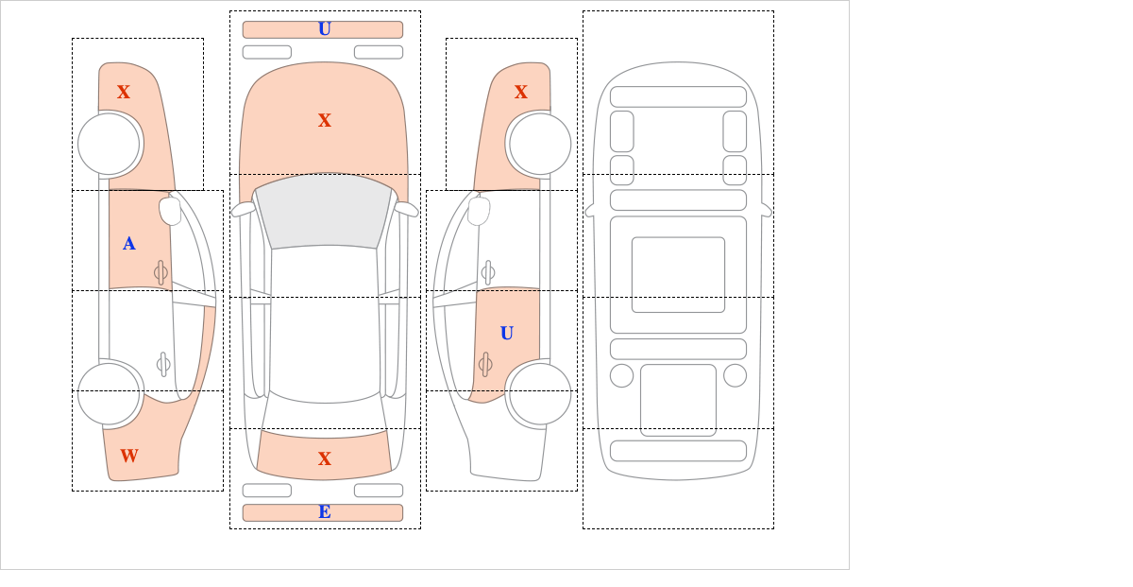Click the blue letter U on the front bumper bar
coord(324,29)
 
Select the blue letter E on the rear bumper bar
coord(324,512)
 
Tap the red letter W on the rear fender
coord(129,456)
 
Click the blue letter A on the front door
coord(129,244)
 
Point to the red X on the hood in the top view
coord(324,121)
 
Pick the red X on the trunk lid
coord(324,458)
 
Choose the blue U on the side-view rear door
coord(507,334)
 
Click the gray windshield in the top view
coord(324,211)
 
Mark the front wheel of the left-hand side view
coord(109,144)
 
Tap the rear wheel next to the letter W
coord(109,393)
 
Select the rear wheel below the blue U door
coord(540,393)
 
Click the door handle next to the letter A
coord(161,273)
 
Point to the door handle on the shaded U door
coord(485,364)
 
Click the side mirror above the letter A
coord(170,211)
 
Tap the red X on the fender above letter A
coord(124,93)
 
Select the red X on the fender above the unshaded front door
coord(521,93)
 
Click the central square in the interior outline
coord(678,274)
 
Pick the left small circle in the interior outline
coord(621,376)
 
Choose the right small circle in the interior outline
coord(735,376)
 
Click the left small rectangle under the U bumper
coord(267,52)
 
